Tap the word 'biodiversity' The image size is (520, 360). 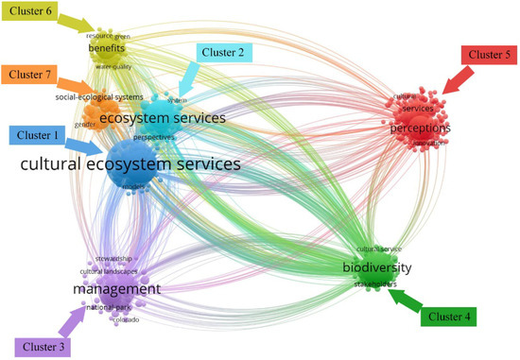(377, 268)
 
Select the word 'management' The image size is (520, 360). (118, 288)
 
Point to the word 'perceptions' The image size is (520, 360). (420, 128)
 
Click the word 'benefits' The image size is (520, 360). (107, 47)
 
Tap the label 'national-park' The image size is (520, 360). (108, 307)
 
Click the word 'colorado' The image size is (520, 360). (127, 319)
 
